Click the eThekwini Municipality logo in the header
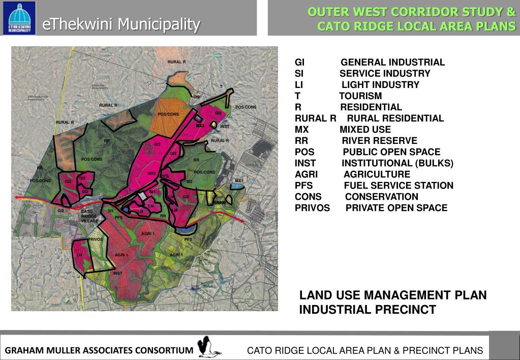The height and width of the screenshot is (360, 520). [x=19, y=18]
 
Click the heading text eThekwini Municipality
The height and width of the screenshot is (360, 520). [x=121, y=23]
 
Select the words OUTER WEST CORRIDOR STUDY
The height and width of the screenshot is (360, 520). [x=412, y=12]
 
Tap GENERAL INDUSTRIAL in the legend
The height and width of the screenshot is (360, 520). [x=392, y=63]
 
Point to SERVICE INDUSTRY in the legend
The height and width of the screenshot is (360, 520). [x=385, y=74]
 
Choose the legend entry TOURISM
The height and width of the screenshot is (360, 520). [x=360, y=96]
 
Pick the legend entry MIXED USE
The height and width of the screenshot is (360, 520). [x=365, y=130]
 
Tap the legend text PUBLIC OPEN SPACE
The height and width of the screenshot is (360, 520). [x=391, y=152]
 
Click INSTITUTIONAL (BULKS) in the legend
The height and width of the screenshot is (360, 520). [x=397, y=163]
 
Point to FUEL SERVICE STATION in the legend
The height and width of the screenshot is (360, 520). [x=399, y=186]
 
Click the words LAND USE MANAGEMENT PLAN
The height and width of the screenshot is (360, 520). [x=393, y=295]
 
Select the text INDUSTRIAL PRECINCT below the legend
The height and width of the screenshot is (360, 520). [x=368, y=310]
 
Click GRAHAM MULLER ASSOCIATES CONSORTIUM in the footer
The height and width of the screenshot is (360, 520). [x=99, y=350]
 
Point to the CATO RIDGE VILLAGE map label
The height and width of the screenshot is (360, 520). [x=89, y=216]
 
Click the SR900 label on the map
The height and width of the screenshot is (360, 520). [x=219, y=203]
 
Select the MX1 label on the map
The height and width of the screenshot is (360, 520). [x=239, y=181]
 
